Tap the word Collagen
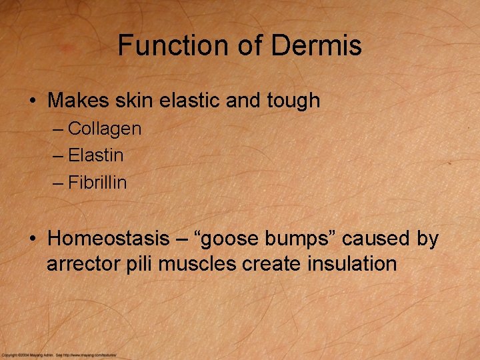coord(105,128)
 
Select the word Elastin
coord(96,155)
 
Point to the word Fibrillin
coord(97,183)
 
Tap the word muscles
coord(197,263)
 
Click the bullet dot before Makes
coord(33,101)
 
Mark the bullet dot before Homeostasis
coord(33,239)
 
